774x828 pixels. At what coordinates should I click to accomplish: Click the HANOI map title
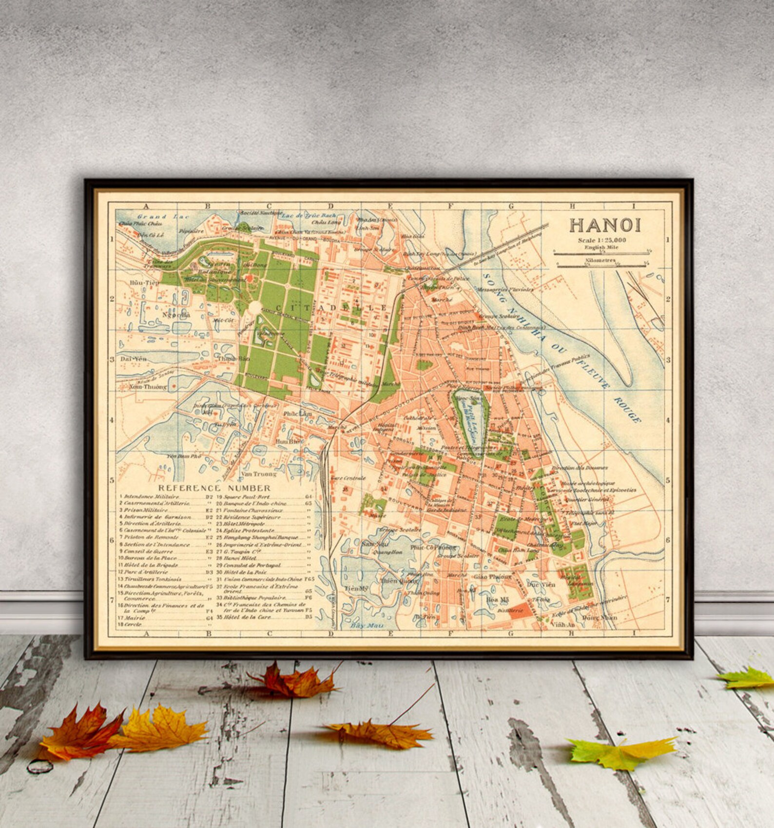[605, 225]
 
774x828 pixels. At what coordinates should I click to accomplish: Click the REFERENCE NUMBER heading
[214, 488]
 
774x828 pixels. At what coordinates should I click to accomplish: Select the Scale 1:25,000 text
[602, 240]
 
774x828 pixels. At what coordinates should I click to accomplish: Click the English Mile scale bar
[602, 252]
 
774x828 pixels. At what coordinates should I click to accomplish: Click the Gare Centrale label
[348, 478]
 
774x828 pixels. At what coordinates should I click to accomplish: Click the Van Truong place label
[259, 473]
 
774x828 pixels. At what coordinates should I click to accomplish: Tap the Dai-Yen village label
[133, 358]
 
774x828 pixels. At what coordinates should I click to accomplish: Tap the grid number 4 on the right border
[668, 420]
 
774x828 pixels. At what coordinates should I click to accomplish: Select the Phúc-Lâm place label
[297, 414]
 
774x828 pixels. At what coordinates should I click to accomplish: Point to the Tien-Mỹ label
[356, 589]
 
